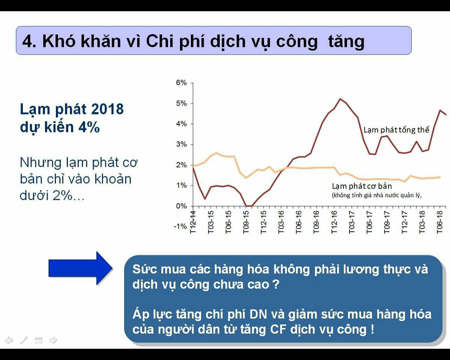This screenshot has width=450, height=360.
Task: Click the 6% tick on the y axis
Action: pos(181,82)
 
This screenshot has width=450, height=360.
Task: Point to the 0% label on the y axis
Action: pos(181,206)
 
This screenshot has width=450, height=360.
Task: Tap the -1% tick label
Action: pos(180,226)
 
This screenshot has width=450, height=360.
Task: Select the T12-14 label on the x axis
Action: pos(193,222)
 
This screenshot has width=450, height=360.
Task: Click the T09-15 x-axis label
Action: pos(246,222)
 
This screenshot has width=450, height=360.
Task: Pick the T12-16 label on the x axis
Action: pos(334,222)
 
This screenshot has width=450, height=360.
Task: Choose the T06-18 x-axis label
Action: pos(440,222)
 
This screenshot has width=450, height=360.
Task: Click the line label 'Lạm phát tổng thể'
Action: pos(396,130)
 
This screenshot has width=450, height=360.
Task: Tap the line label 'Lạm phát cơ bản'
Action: pos(362,186)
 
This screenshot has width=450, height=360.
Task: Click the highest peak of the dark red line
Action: pos(340,99)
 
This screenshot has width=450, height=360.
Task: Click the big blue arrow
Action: pos(81,268)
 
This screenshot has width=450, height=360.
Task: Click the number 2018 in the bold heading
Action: pos(107,109)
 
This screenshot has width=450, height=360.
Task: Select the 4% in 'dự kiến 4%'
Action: pos(89,127)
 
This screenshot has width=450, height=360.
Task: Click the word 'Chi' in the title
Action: pos(160,41)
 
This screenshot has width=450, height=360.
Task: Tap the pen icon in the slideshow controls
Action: pos(24,340)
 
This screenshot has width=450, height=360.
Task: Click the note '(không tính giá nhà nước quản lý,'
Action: pos(376,195)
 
